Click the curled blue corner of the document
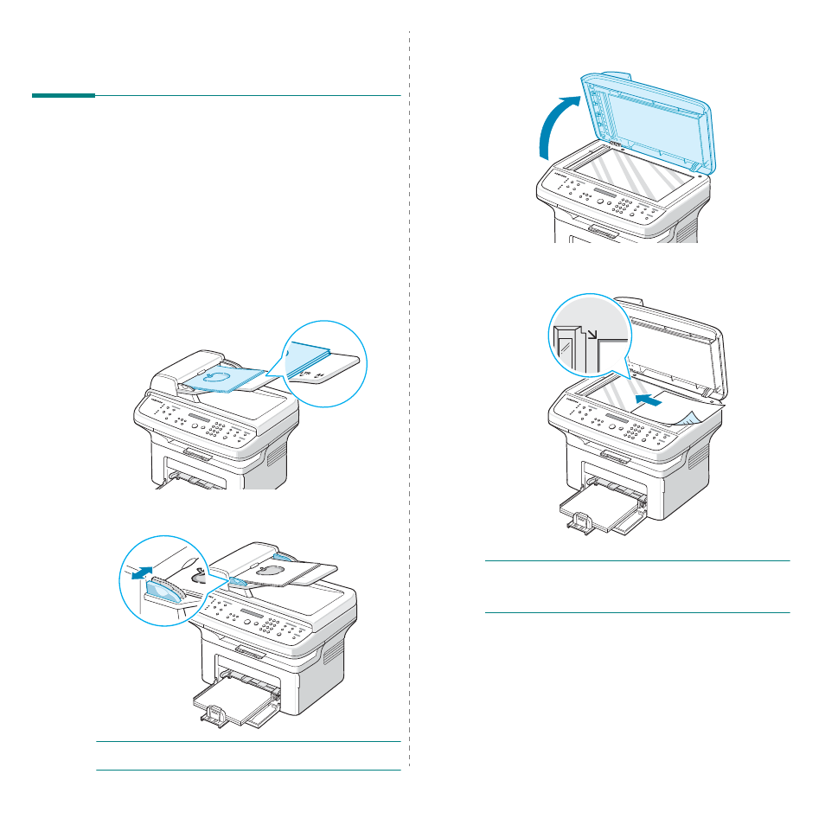pyautogui.click(x=692, y=419)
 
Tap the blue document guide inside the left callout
pyautogui.click(x=164, y=590)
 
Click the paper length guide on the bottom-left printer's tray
pyautogui.click(x=215, y=711)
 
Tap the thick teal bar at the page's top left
pyautogui.click(x=63, y=95)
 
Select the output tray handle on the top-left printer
pyautogui.click(x=197, y=453)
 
